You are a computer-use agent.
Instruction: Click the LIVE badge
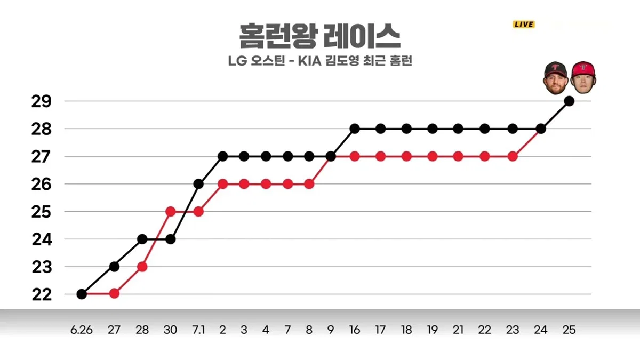pos(524,25)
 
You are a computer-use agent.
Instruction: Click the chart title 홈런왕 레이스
pos(320,36)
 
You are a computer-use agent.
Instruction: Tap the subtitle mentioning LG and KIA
pos(320,61)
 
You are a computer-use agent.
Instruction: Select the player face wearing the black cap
pos(555,78)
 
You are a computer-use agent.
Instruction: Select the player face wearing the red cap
pos(583,77)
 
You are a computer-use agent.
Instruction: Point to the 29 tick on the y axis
pos(42,101)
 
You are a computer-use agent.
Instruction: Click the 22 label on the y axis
pos(42,294)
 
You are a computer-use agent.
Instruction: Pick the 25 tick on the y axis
pos(42,212)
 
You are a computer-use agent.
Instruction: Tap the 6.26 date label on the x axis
pos(82,330)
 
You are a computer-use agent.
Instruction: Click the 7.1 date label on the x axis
pos(198,330)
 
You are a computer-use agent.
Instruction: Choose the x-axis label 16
pos(355,330)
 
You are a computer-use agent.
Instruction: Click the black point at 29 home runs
pos(569,101)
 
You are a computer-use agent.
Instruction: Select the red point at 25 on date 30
pos(170,212)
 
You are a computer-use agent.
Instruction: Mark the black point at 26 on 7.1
pos(198,184)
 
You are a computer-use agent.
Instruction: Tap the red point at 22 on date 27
pos(114,293)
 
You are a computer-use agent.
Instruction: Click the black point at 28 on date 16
pos(355,129)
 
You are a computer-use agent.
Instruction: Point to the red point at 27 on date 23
pos(513,157)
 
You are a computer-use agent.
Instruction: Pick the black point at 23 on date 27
pos(114,267)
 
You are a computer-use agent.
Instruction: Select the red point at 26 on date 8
pos(309,185)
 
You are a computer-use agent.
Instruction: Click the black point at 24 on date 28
pos(142,239)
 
